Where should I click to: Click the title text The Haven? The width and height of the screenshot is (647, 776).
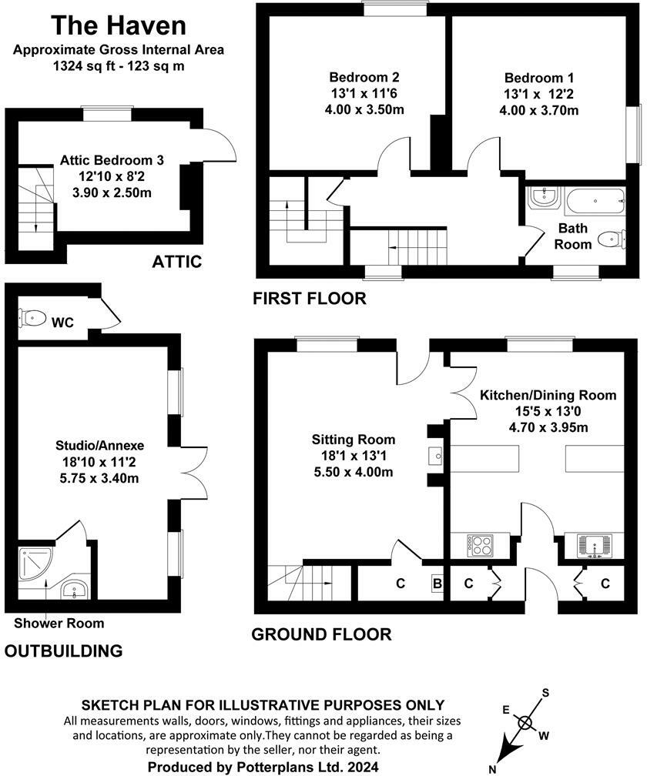118,25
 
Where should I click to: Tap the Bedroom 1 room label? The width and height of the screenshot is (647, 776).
538,79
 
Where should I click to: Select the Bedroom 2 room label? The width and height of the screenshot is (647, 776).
364,78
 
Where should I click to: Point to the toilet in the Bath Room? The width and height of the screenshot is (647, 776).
612,239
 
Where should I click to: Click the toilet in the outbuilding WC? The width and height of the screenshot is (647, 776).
33,317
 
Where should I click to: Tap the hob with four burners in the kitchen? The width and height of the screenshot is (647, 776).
482,546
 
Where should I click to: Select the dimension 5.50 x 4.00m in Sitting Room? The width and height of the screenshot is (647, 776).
354,471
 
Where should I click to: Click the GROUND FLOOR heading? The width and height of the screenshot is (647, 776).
321,634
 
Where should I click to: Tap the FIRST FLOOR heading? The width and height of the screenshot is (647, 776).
310,298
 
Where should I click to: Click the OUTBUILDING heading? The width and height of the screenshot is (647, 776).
64,651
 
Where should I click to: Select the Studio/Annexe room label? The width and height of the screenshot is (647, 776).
99,446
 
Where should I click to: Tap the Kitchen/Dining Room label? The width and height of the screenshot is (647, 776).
548,395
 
